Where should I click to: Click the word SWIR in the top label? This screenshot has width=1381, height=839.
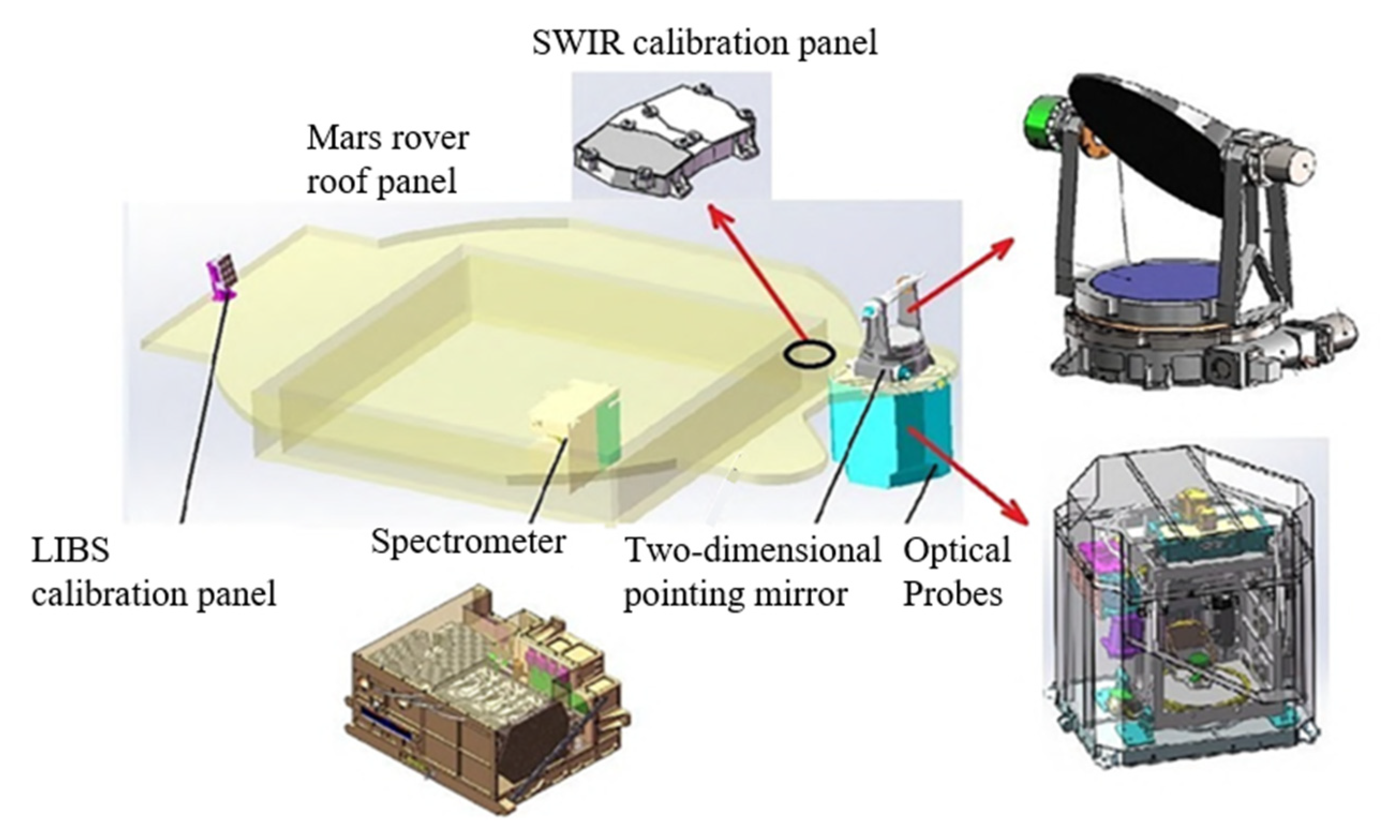coord(577,43)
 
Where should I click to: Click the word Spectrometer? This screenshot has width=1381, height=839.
coord(468,542)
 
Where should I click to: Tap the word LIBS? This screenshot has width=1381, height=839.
coord(70,551)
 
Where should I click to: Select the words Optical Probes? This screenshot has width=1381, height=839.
coord(956,572)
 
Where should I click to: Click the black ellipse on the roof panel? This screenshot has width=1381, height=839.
coord(809,354)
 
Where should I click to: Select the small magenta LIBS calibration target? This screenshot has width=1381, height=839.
coord(222,278)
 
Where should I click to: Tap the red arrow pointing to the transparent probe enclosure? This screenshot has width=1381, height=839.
coord(969,476)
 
